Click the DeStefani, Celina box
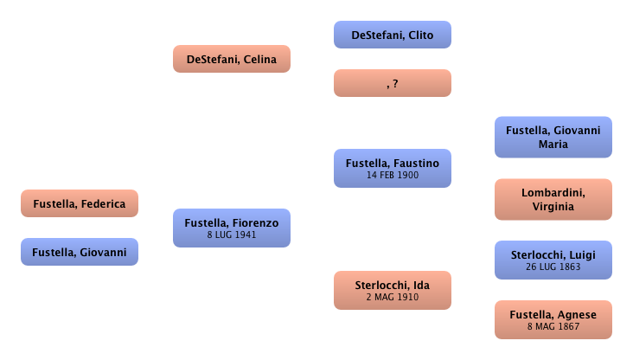(x=231, y=60)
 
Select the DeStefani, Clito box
(x=393, y=35)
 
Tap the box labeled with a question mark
(x=393, y=83)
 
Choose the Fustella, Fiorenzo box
(x=231, y=228)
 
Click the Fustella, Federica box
(x=80, y=204)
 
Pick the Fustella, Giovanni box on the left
(x=80, y=252)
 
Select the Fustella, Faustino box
(x=393, y=168)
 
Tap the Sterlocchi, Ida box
(x=393, y=289)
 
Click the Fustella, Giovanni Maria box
(x=553, y=137)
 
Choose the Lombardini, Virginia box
(x=553, y=199)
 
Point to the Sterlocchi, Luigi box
(x=553, y=260)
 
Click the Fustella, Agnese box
(x=553, y=319)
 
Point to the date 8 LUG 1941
(x=231, y=235)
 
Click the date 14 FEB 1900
(x=393, y=175)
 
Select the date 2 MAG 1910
(x=393, y=297)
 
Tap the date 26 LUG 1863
(x=553, y=267)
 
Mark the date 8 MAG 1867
(x=553, y=327)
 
